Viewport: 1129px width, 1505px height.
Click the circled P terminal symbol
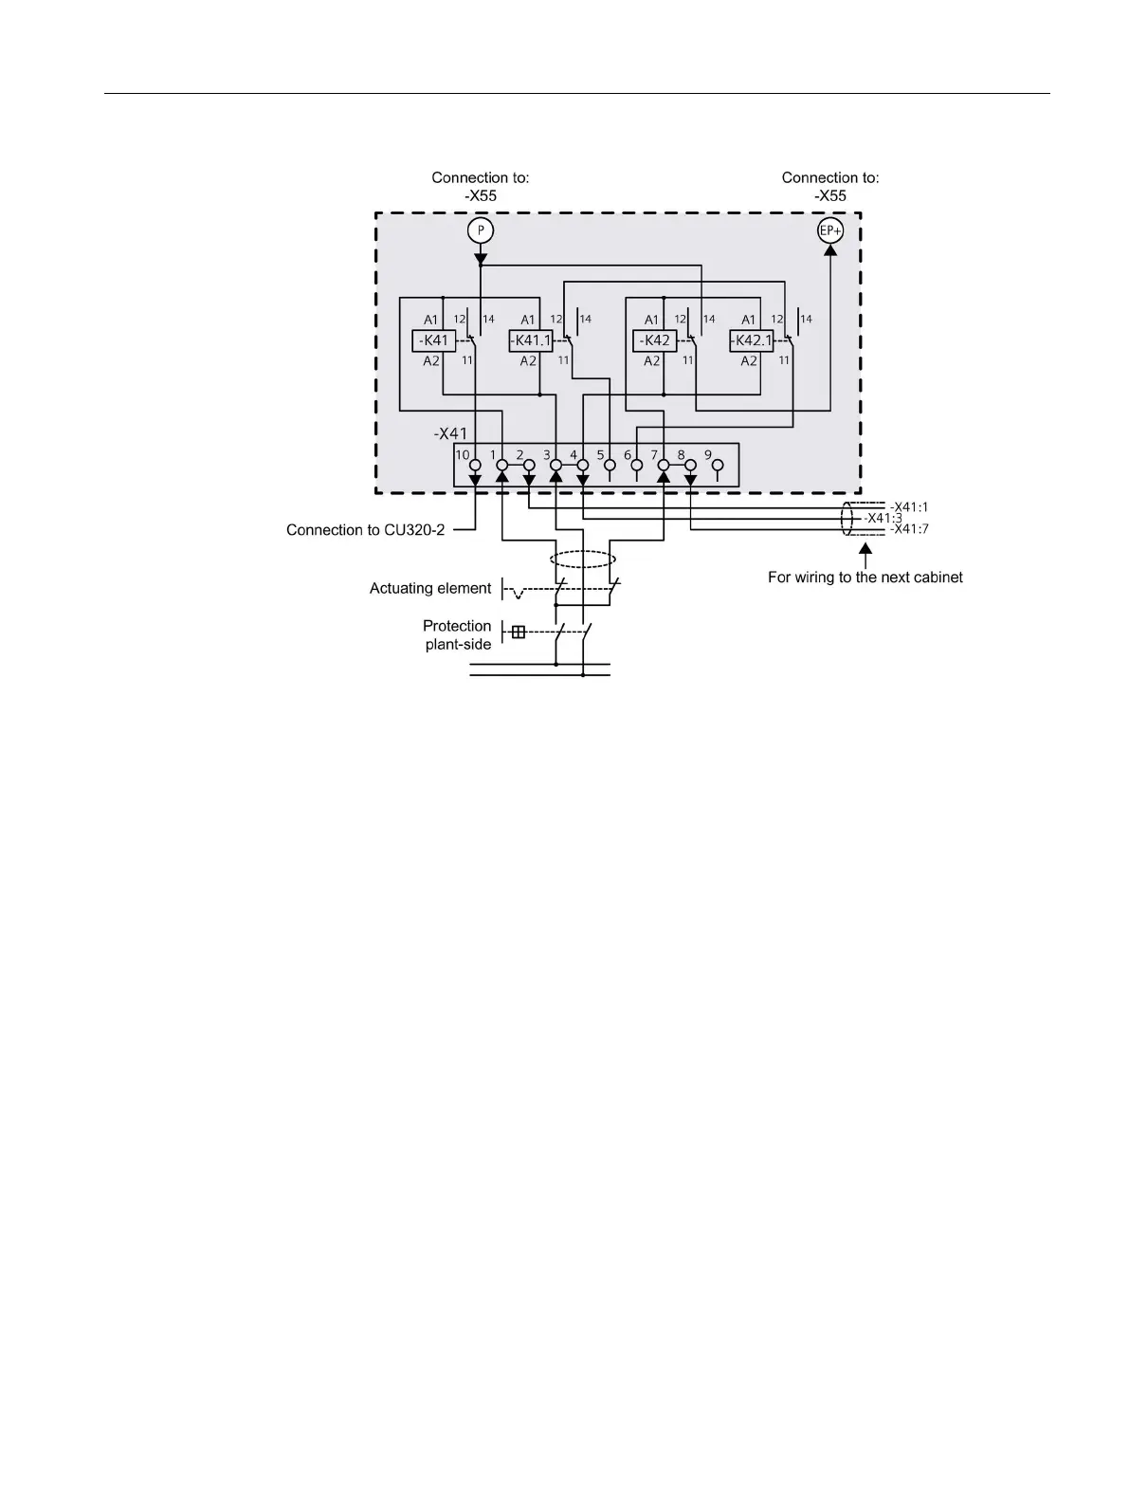point(481,230)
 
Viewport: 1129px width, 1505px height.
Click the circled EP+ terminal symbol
point(830,230)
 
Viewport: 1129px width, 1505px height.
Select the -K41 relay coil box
point(434,340)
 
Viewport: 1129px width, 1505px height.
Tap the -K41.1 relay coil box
point(531,340)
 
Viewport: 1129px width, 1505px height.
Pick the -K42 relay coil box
point(655,340)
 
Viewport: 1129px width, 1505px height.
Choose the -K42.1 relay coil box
point(752,340)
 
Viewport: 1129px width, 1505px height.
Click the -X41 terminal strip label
point(450,433)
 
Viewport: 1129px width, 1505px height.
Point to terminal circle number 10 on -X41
point(475,466)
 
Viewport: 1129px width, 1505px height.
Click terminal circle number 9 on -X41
point(718,466)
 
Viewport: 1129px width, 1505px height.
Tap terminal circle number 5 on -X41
point(610,466)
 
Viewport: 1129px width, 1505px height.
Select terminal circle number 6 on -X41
point(637,466)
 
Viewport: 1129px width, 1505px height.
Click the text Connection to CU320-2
point(365,530)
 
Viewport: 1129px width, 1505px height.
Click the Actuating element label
point(430,588)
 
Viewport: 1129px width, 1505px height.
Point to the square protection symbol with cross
point(518,632)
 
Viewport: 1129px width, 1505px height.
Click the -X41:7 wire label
point(909,529)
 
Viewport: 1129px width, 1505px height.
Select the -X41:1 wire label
point(909,506)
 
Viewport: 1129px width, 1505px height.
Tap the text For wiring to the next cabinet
point(865,577)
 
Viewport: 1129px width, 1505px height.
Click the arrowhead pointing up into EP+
point(830,250)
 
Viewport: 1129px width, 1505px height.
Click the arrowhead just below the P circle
point(481,258)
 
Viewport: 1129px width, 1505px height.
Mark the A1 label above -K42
point(651,320)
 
